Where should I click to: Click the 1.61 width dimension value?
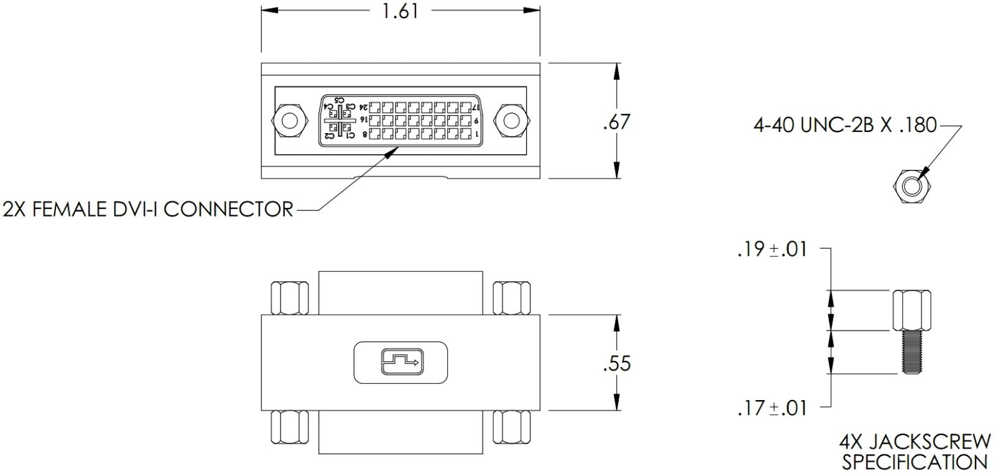pos(400,11)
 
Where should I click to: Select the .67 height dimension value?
pos(616,121)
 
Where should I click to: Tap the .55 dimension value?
pos(616,363)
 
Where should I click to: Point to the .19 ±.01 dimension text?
pos(772,250)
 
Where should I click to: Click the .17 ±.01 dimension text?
pos(772,408)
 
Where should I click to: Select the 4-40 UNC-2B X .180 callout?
pos(845,125)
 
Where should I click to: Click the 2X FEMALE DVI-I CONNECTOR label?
pos(148,209)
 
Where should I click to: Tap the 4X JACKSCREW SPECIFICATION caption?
pos(915,452)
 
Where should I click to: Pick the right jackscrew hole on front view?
pos(510,120)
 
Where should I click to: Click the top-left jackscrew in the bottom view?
pos(289,297)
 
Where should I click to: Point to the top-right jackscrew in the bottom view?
pos(511,297)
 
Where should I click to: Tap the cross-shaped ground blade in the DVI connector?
pos(340,120)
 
